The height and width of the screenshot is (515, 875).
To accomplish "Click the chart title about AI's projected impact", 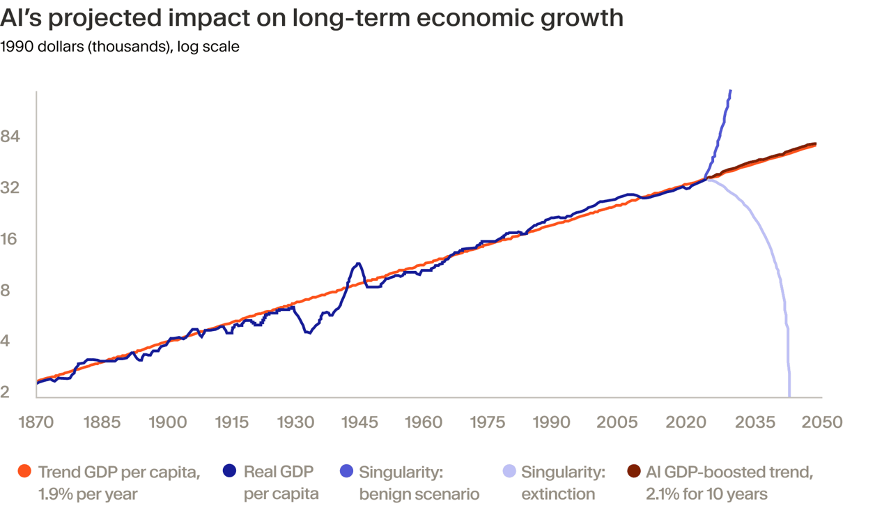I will point(311,17).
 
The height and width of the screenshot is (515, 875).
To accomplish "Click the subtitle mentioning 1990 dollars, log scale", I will point(120,47).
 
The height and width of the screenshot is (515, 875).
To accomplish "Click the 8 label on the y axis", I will point(6,290).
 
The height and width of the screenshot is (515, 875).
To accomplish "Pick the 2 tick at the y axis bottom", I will point(6,392).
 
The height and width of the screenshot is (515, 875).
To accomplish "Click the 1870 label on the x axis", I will point(36,422).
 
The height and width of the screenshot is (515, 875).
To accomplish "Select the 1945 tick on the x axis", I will point(359,422).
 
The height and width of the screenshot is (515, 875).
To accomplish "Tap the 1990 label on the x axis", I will point(552,422).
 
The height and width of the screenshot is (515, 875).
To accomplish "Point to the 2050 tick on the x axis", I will point(822,422).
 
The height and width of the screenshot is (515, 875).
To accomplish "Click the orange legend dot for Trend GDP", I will point(24,472).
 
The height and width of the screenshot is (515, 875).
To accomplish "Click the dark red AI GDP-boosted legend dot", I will point(633,472).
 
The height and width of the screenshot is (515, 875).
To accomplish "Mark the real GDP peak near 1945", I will point(358,263).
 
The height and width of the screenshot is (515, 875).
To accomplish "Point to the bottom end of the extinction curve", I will point(789,395).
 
